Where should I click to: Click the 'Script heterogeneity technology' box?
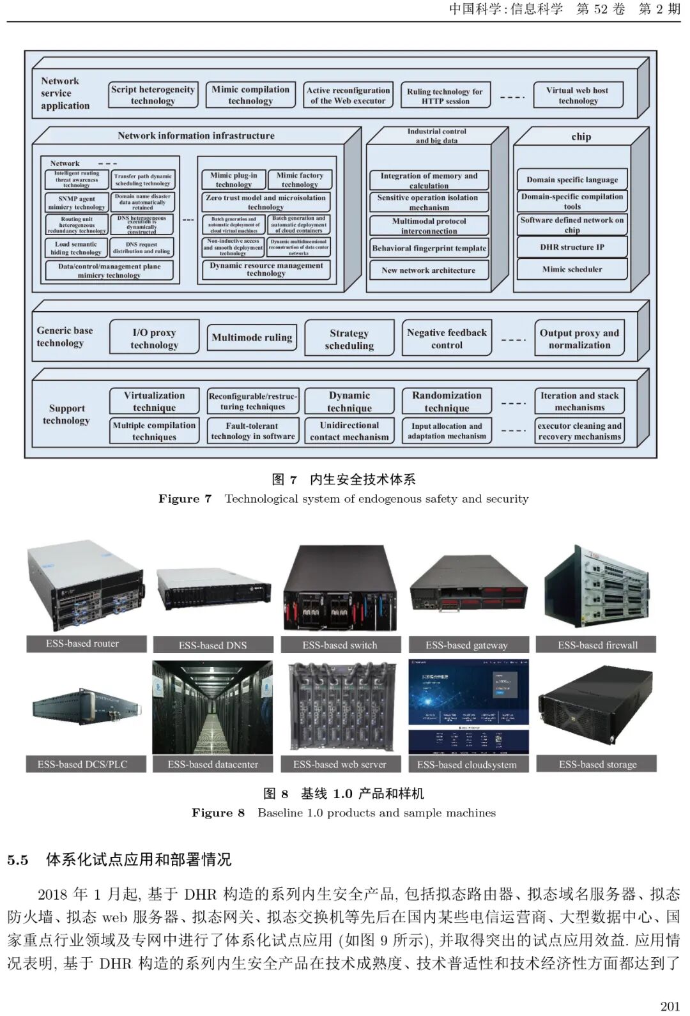point(153,95)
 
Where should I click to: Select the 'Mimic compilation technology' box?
point(250,95)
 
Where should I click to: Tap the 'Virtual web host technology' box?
point(578,95)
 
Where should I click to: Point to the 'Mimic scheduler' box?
point(572,269)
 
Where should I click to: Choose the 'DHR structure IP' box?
point(572,247)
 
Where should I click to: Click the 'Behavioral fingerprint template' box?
point(429,248)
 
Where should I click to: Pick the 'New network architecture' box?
point(429,270)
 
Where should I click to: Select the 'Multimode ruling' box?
point(252,337)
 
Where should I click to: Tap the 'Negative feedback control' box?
point(447,339)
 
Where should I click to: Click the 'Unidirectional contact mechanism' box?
point(349,431)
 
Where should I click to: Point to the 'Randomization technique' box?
point(447,401)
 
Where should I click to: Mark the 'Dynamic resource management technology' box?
point(266,269)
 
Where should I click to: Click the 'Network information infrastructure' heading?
point(196,135)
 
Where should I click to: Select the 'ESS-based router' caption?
point(83,643)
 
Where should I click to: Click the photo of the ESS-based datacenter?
point(213,707)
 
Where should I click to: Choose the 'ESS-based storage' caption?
point(597,764)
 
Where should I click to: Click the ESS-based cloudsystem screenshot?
point(468,707)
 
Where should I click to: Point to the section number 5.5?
point(18,860)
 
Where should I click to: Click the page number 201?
point(670,1006)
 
